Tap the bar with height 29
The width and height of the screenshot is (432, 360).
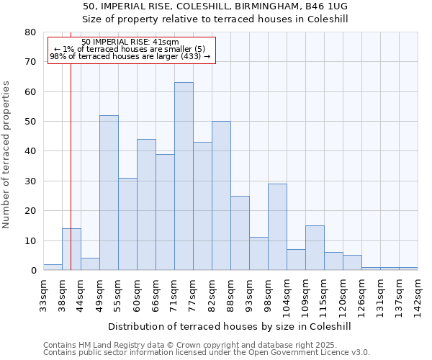(x=277, y=227)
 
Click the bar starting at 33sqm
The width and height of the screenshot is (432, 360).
(x=53, y=267)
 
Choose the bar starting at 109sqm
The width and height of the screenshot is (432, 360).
(x=315, y=248)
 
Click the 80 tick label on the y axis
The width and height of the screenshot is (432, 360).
(x=30, y=32)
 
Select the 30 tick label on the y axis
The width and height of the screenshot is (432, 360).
(x=30, y=181)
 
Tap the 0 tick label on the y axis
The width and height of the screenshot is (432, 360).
(x=33, y=271)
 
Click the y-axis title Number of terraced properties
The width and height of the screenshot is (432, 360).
(x=7, y=155)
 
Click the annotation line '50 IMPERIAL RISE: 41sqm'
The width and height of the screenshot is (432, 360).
(x=130, y=42)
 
